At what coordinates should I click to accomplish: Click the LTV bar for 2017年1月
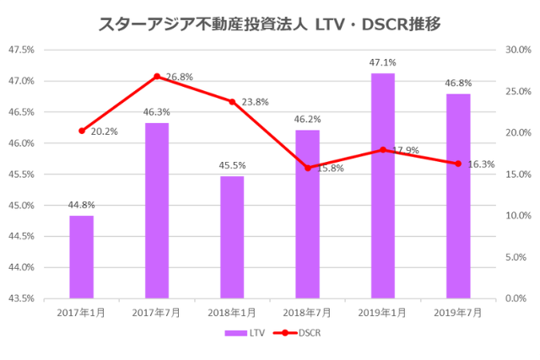click(82, 257)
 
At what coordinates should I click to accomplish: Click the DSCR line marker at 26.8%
click(157, 77)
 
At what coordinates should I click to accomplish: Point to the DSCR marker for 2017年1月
click(82, 131)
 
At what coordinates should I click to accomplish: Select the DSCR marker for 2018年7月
click(307, 168)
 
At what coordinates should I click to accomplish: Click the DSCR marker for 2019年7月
click(458, 164)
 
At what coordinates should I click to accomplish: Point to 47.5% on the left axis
click(21, 50)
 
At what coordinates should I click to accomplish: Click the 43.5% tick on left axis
click(21, 298)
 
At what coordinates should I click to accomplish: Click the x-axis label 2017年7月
click(157, 313)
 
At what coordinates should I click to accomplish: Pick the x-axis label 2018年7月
click(307, 313)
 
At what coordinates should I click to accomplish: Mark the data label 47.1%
click(382, 62)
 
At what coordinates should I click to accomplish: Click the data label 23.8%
click(255, 102)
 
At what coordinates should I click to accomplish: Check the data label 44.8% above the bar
click(82, 204)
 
